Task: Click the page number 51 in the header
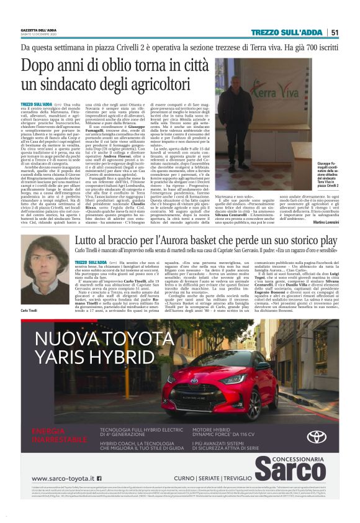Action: [334, 32]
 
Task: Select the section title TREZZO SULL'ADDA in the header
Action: [286, 32]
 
